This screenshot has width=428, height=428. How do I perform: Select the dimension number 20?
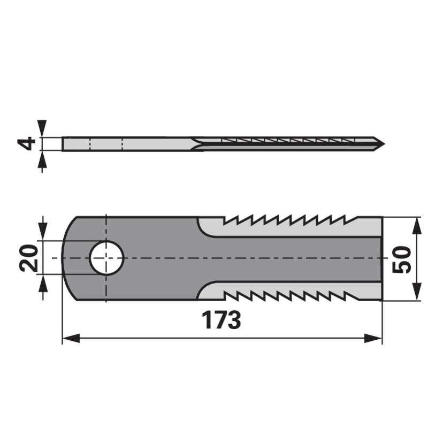[28, 257]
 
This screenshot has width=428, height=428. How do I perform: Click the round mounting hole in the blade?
[106, 258]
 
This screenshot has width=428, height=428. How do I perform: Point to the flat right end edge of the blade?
[382, 258]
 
